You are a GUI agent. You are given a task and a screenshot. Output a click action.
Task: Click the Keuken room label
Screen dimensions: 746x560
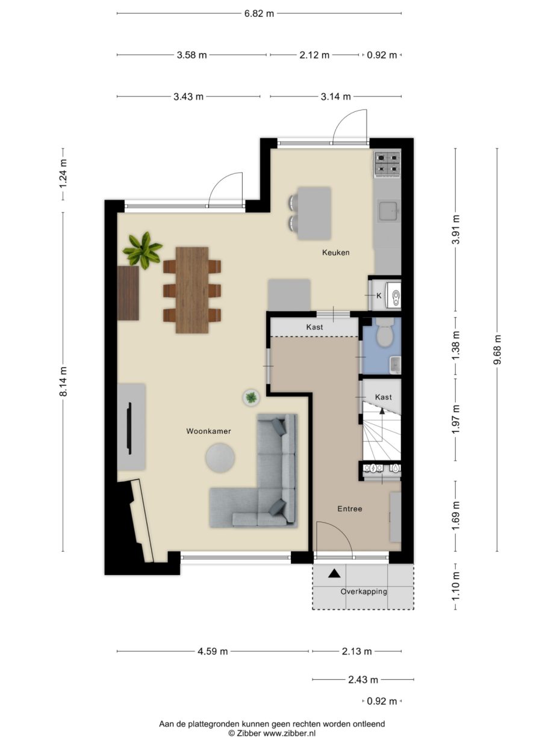[335, 253]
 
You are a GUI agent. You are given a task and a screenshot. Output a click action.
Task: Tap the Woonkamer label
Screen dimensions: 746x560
[208, 431]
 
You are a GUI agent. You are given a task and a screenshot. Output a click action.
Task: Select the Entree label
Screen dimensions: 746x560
[349, 509]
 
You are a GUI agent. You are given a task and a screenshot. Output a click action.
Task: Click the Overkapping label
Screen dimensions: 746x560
[363, 591]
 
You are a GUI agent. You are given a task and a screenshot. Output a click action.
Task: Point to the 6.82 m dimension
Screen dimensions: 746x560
[259, 13]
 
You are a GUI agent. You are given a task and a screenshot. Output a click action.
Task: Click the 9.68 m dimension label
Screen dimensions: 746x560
[497, 350]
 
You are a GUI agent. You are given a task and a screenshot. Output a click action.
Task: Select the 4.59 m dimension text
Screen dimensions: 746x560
[214, 651]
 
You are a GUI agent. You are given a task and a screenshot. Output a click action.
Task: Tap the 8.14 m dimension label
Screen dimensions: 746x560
[63, 382]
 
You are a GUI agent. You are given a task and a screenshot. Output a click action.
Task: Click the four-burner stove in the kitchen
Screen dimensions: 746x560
[387, 165]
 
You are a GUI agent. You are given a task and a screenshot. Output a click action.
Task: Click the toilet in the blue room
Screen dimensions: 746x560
[384, 334]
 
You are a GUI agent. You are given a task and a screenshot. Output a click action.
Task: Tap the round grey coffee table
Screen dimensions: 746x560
[221, 458]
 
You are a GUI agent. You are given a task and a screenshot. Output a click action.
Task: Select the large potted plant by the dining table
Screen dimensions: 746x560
[143, 249]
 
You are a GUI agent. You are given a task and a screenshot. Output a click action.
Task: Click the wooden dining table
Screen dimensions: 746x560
[192, 289]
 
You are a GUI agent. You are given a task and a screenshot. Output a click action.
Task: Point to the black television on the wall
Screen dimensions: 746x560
[129, 428]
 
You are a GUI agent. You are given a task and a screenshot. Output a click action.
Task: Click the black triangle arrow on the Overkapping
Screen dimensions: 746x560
[334, 573]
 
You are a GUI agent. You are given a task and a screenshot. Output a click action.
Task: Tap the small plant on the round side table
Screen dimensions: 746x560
[251, 396]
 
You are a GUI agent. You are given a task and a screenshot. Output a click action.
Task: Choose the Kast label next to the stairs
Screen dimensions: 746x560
[383, 397]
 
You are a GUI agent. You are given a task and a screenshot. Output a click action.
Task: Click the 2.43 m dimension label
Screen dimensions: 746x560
[363, 680]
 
